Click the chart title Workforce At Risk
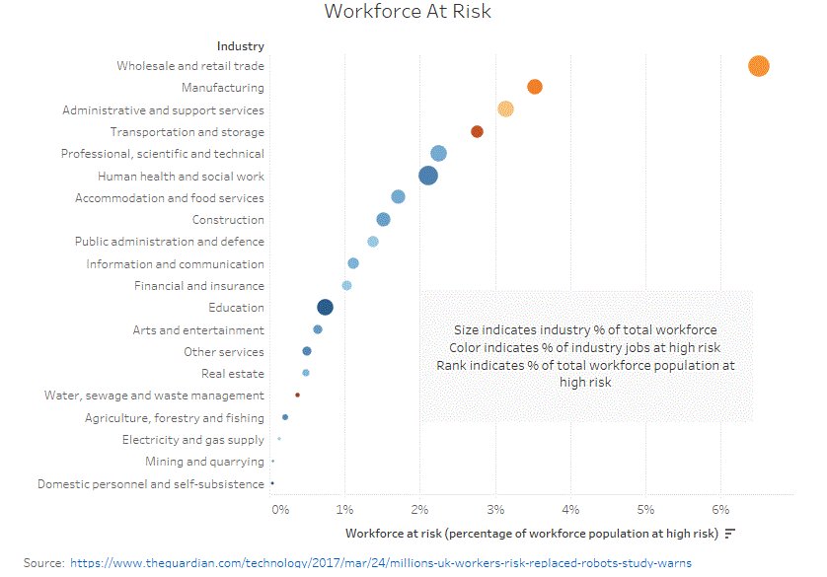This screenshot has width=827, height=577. pyautogui.click(x=408, y=12)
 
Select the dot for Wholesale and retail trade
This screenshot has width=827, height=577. pyautogui.click(x=758, y=66)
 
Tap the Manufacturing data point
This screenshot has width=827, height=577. pyautogui.click(x=535, y=87)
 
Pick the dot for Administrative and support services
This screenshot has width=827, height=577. pyautogui.click(x=505, y=108)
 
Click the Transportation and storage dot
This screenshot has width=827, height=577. pyautogui.click(x=477, y=131)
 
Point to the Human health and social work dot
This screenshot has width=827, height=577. pyautogui.click(x=428, y=176)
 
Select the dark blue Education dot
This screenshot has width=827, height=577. pyautogui.click(x=326, y=307)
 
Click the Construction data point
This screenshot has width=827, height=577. pyautogui.click(x=383, y=219)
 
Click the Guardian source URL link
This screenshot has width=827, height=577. pyautogui.click(x=381, y=562)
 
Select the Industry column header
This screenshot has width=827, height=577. pyautogui.click(x=240, y=45)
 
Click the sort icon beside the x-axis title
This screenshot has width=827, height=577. pyautogui.click(x=730, y=534)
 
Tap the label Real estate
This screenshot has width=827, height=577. pyautogui.click(x=232, y=374)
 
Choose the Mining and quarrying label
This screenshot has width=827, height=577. pyautogui.click(x=204, y=462)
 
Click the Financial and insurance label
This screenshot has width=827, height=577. pyautogui.click(x=198, y=286)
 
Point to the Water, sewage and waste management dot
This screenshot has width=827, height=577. pyautogui.click(x=297, y=395)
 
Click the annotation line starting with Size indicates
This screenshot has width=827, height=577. pyautogui.click(x=585, y=329)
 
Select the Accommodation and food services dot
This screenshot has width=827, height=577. pyautogui.click(x=398, y=197)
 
